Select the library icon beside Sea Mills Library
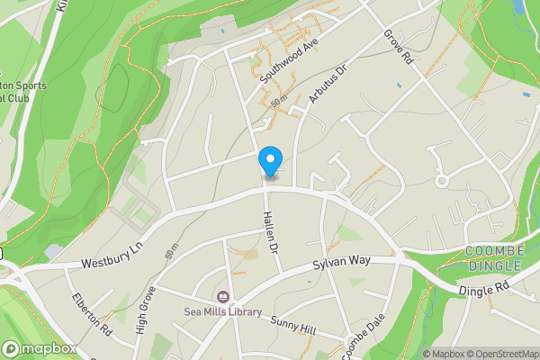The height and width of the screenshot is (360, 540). coord(222,297)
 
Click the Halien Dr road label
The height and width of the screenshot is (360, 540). coord(270,237)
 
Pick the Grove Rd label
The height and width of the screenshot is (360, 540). coord(397,46)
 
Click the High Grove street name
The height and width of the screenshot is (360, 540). coord(147,310)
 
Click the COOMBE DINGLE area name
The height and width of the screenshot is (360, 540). coord(493,257)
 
